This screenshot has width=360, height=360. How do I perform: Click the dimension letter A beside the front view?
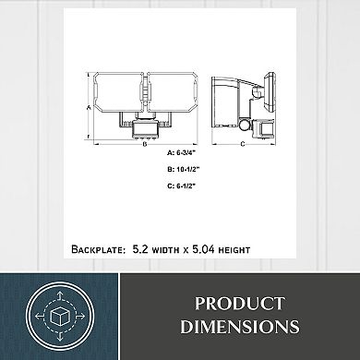(x=89, y=108)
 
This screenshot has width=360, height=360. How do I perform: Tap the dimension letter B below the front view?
(x=144, y=144)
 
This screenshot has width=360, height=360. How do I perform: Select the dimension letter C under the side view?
(x=243, y=144)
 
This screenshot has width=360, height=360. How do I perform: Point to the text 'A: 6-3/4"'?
(x=182, y=152)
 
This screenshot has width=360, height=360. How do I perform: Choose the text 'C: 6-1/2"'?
(x=182, y=186)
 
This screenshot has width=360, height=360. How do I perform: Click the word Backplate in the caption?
(x=97, y=249)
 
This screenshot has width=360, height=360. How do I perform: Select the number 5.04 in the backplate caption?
(x=203, y=249)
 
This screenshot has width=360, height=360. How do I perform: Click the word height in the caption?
(x=234, y=249)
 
